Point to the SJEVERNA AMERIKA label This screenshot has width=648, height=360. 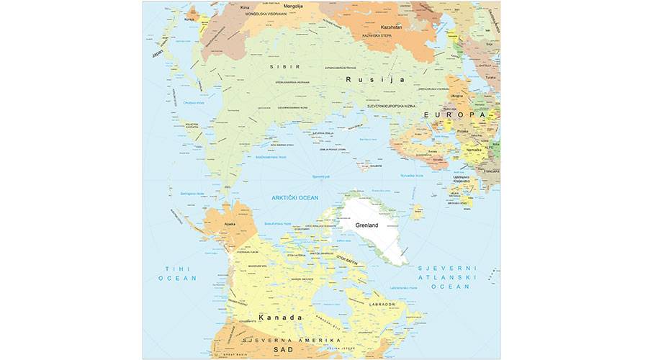click(x=283, y=338)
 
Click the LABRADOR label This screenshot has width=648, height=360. click(x=383, y=305)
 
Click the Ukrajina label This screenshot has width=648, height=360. click(x=456, y=96)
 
